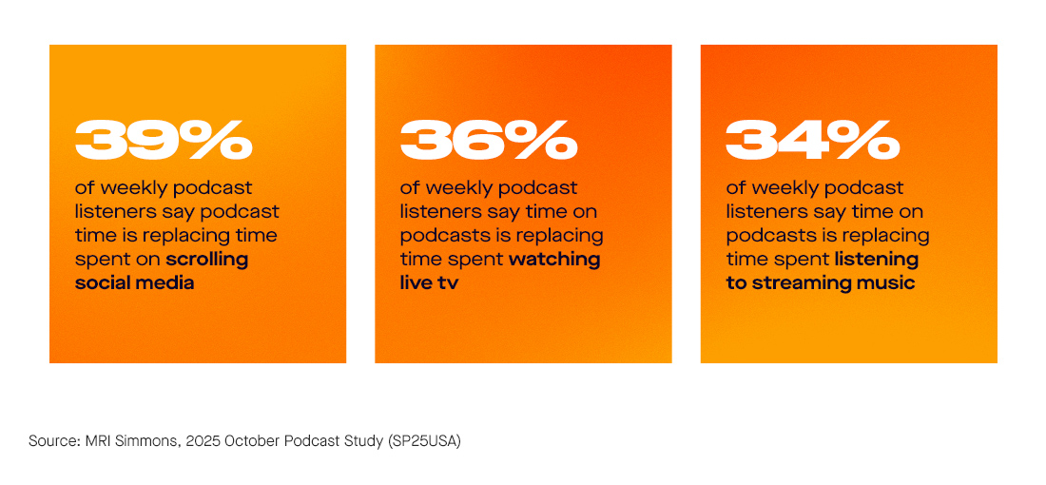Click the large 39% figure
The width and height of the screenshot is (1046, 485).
tap(164, 141)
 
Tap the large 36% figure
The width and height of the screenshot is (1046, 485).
tap(489, 141)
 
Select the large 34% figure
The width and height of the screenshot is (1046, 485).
tap(813, 141)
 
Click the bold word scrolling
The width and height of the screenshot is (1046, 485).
tap(207, 259)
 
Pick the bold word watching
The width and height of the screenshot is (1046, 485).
tap(554, 259)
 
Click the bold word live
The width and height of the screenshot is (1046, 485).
tap(416, 282)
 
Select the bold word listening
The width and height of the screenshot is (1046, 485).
tap(877, 259)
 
